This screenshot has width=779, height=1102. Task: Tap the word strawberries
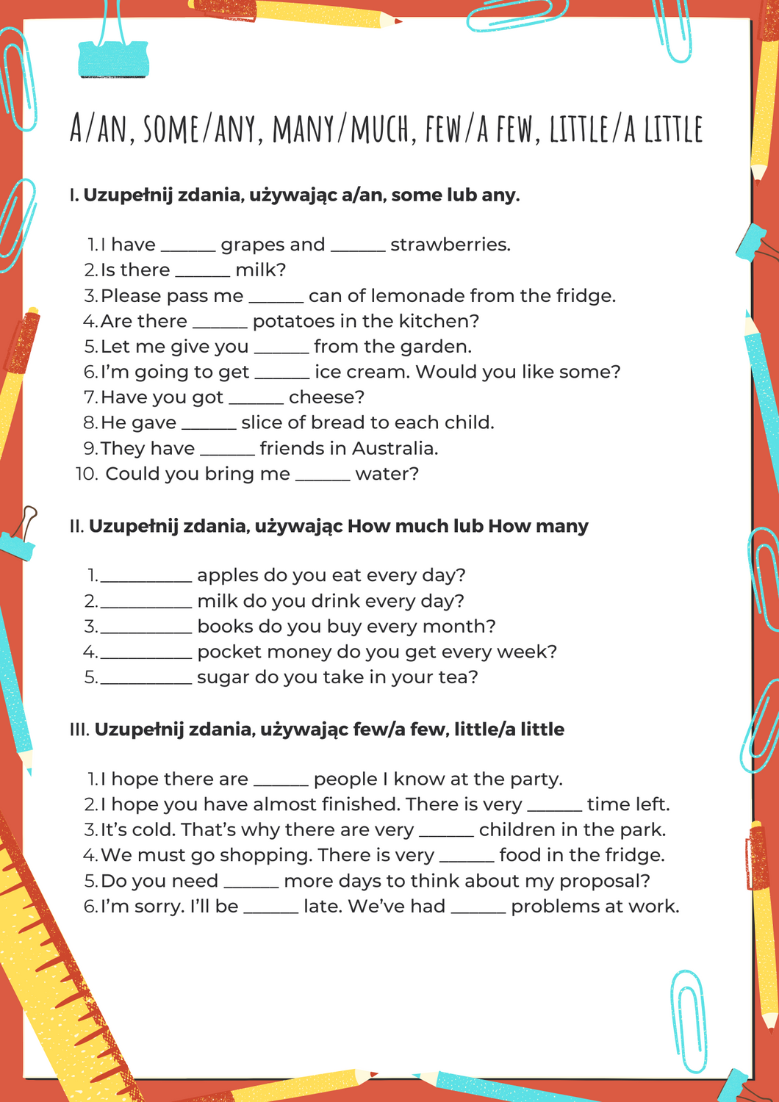click(450, 245)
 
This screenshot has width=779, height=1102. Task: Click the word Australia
click(394, 449)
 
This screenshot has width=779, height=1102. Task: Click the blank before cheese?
click(256, 399)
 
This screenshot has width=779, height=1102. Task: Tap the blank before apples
click(146, 577)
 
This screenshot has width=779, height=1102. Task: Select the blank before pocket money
click(146, 653)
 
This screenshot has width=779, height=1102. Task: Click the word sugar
click(223, 678)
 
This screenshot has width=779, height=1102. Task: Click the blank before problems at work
click(478, 908)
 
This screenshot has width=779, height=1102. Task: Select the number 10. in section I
click(87, 475)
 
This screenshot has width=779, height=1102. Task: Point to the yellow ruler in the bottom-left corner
click(51, 977)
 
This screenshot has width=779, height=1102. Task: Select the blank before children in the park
click(446, 832)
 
